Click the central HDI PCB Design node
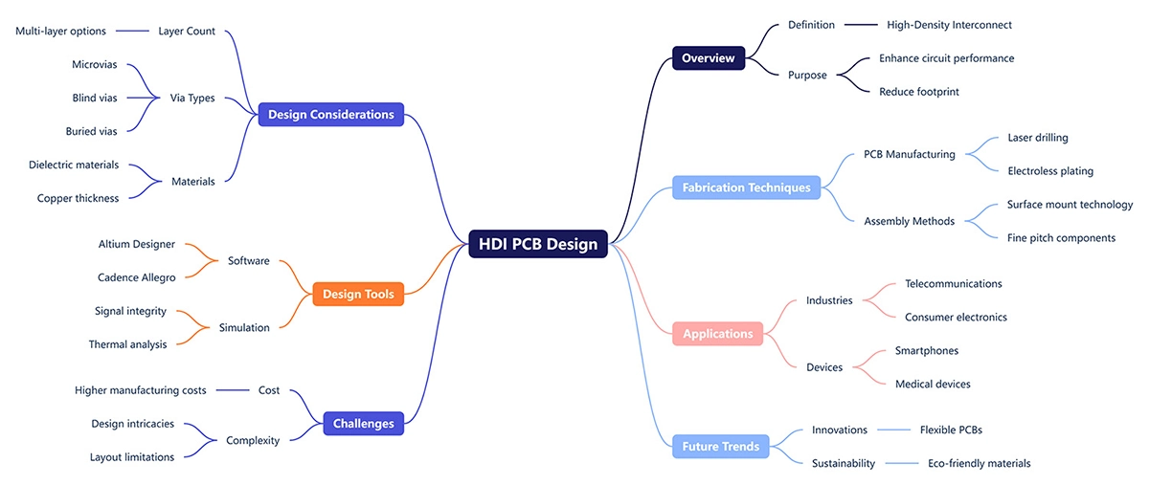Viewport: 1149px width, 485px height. pyautogui.click(x=538, y=244)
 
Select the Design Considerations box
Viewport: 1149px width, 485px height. pyautogui.click(x=330, y=115)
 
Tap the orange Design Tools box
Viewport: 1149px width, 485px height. pyautogui.click(x=358, y=295)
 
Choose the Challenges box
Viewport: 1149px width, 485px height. pyautogui.click(x=363, y=423)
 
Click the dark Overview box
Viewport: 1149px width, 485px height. pyautogui.click(x=708, y=58)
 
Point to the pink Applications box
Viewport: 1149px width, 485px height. pyautogui.click(x=717, y=334)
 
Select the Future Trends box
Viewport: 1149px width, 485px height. pyautogui.click(x=720, y=446)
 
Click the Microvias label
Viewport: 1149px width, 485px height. pyautogui.click(x=95, y=64)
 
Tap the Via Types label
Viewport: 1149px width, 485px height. pyautogui.click(x=192, y=98)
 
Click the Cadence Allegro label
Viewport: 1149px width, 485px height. pyautogui.click(x=136, y=277)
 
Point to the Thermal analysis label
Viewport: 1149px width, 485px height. pyautogui.click(x=127, y=344)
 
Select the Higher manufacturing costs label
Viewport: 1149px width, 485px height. pyautogui.click(x=140, y=390)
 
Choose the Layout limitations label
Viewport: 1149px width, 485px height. pyautogui.click(x=132, y=457)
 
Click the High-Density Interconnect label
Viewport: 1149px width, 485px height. pyautogui.click(x=949, y=25)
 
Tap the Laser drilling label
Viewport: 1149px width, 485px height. pyautogui.click(x=1038, y=138)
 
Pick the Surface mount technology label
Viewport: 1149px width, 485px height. pyautogui.click(x=1070, y=205)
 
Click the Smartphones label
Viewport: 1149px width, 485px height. pyautogui.click(x=926, y=351)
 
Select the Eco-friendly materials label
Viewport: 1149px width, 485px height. pyautogui.click(x=979, y=463)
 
